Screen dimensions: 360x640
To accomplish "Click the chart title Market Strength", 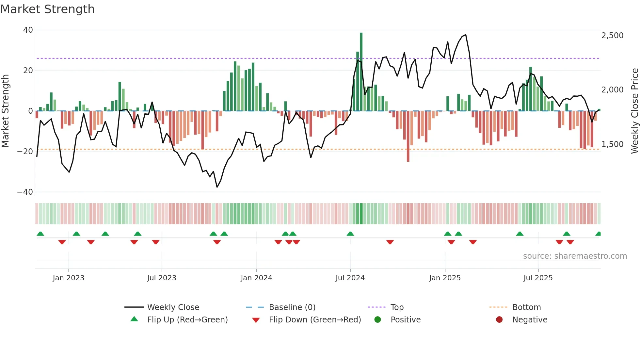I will pyautogui.click(x=47, y=9).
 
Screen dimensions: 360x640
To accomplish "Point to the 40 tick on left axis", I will pyautogui.click(x=28, y=30).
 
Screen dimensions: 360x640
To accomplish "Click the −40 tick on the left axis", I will pyautogui.click(x=25, y=192).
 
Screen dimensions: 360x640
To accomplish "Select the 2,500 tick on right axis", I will pyautogui.click(x=612, y=36).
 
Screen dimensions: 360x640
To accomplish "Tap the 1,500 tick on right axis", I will pyautogui.click(x=612, y=144).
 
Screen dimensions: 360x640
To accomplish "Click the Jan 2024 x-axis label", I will pyautogui.click(x=256, y=278).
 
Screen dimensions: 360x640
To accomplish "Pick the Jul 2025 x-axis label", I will pyautogui.click(x=538, y=278).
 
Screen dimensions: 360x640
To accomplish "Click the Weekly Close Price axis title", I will pyautogui.click(x=634, y=111).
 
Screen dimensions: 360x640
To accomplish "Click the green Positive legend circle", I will pyautogui.click(x=378, y=320).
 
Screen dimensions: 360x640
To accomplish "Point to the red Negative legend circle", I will pyautogui.click(x=499, y=320).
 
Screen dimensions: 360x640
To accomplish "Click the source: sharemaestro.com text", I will pyautogui.click(x=575, y=256).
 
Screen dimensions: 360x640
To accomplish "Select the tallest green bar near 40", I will pyautogui.click(x=361, y=72).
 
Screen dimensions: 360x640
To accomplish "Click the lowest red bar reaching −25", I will pyautogui.click(x=408, y=137).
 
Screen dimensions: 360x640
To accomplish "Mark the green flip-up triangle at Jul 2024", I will pyautogui.click(x=350, y=234).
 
